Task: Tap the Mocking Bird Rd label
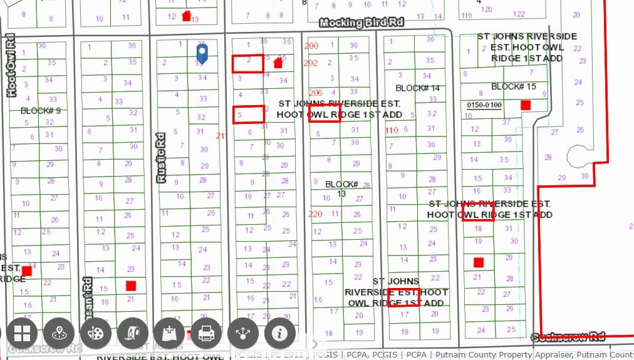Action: point(361,23)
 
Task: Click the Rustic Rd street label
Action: point(162,158)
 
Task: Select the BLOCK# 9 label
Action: point(41,111)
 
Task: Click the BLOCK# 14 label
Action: point(418,88)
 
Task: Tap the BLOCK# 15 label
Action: point(514,86)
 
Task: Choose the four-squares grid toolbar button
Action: point(22,333)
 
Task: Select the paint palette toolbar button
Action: point(96,333)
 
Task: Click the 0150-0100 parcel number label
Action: point(484,105)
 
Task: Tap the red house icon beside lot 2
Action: point(278,62)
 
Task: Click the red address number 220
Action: point(315,214)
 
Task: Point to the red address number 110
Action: point(392,130)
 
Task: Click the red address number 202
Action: point(310,63)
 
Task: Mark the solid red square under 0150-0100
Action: point(526,105)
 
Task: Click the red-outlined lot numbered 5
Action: point(248,114)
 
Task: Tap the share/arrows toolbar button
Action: point(243,333)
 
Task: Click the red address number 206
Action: point(315,93)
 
